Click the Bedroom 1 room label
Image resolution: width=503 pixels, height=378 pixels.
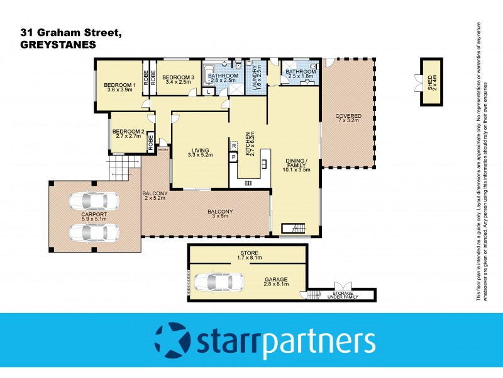(x=119, y=88)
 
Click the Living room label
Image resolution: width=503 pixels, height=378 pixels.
(x=201, y=152)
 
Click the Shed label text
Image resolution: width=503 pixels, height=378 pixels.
(x=431, y=81)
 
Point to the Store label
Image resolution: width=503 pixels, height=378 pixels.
(x=248, y=255)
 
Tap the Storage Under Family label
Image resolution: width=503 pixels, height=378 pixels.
(x=341, y=296)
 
